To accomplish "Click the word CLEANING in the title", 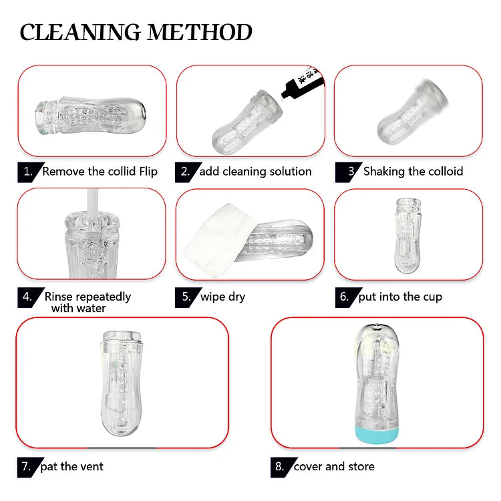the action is tap(80, 32).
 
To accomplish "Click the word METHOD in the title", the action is tap(200, 32).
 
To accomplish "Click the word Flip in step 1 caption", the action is tap(148, 172).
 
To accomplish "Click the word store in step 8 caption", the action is tap(361, 467).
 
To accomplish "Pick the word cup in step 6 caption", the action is tap(433, 297).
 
